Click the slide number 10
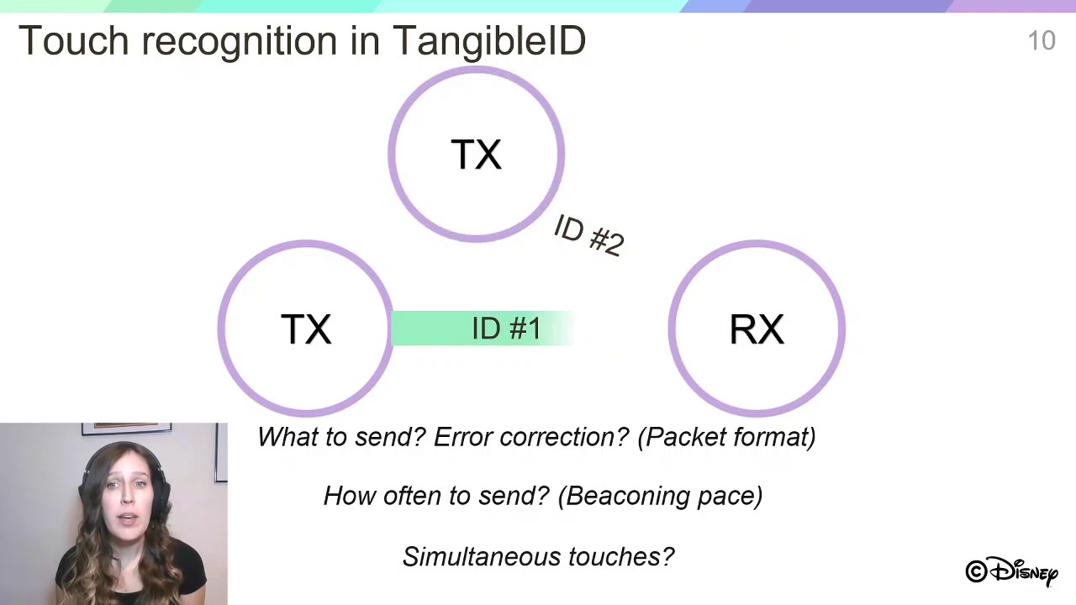[1041, 40]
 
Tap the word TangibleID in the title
[488, 40]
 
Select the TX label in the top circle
[476, 155]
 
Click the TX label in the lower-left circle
[306, 329]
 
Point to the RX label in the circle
[757, 329]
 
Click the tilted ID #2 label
[588, 236]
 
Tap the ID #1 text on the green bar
[505, 329]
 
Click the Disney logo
[1011, 571]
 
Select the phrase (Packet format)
[726, 437]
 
